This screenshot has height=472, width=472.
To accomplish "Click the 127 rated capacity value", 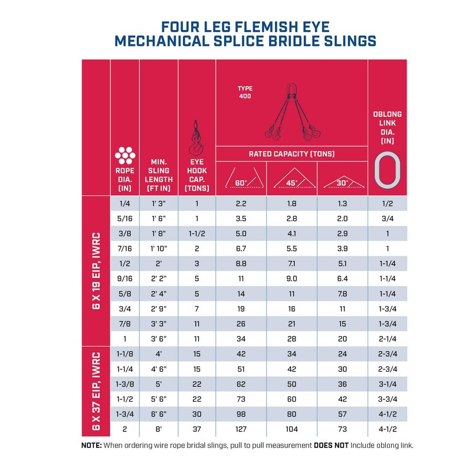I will (x=241, y=429).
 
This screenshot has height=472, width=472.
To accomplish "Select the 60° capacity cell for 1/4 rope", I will (x=241, y=204).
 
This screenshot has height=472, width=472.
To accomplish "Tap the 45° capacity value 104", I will (x=291, y=429).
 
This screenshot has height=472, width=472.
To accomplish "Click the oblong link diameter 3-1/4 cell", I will (x=387, y=383).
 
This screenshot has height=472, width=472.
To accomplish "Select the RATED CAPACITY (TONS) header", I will (x=291, y=154).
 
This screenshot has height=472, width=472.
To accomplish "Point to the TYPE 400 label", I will (x=245, y=92).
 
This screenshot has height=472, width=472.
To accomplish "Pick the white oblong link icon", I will (x=387, y=170).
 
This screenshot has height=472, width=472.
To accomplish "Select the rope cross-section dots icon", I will (x=124, y=155).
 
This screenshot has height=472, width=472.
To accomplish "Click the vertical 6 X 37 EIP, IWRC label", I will (x=96, y=392).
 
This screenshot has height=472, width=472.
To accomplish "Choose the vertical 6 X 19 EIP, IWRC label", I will (x=96, y=271).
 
